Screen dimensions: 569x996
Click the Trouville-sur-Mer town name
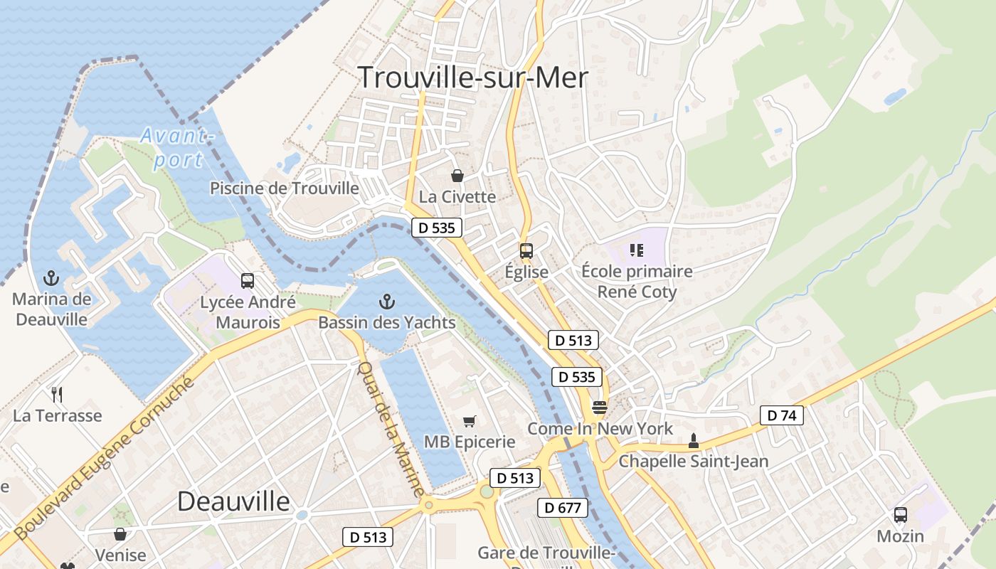[x=472, y=77]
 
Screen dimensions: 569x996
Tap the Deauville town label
[x=233, y=501]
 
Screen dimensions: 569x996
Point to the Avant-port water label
[x=176, y=147]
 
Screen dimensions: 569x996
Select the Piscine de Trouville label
[x=285, y=188]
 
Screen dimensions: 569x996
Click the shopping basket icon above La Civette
[x=457, y=175]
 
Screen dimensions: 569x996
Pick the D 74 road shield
[x=781, y=415]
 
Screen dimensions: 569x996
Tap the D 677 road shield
[x=563, y=508]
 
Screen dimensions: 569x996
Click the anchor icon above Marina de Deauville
[x=51, y=277]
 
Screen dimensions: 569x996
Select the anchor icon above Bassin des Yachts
[x=386, y=302]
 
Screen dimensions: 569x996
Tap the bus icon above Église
[x=526, y=250]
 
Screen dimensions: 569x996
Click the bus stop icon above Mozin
[x=900, y=514]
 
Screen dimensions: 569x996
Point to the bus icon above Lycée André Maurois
[x=247, y=281]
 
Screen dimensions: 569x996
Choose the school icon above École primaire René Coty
[x=636, y=250]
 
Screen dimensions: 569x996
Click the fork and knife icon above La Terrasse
[x=57, y=394]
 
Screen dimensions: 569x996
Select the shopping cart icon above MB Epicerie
[x=469, y=421]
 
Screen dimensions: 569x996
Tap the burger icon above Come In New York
[x=599, y=408]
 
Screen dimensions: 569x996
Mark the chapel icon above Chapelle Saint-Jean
[x=693, y=441]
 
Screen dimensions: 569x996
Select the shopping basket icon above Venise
[x=120, y=534]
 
